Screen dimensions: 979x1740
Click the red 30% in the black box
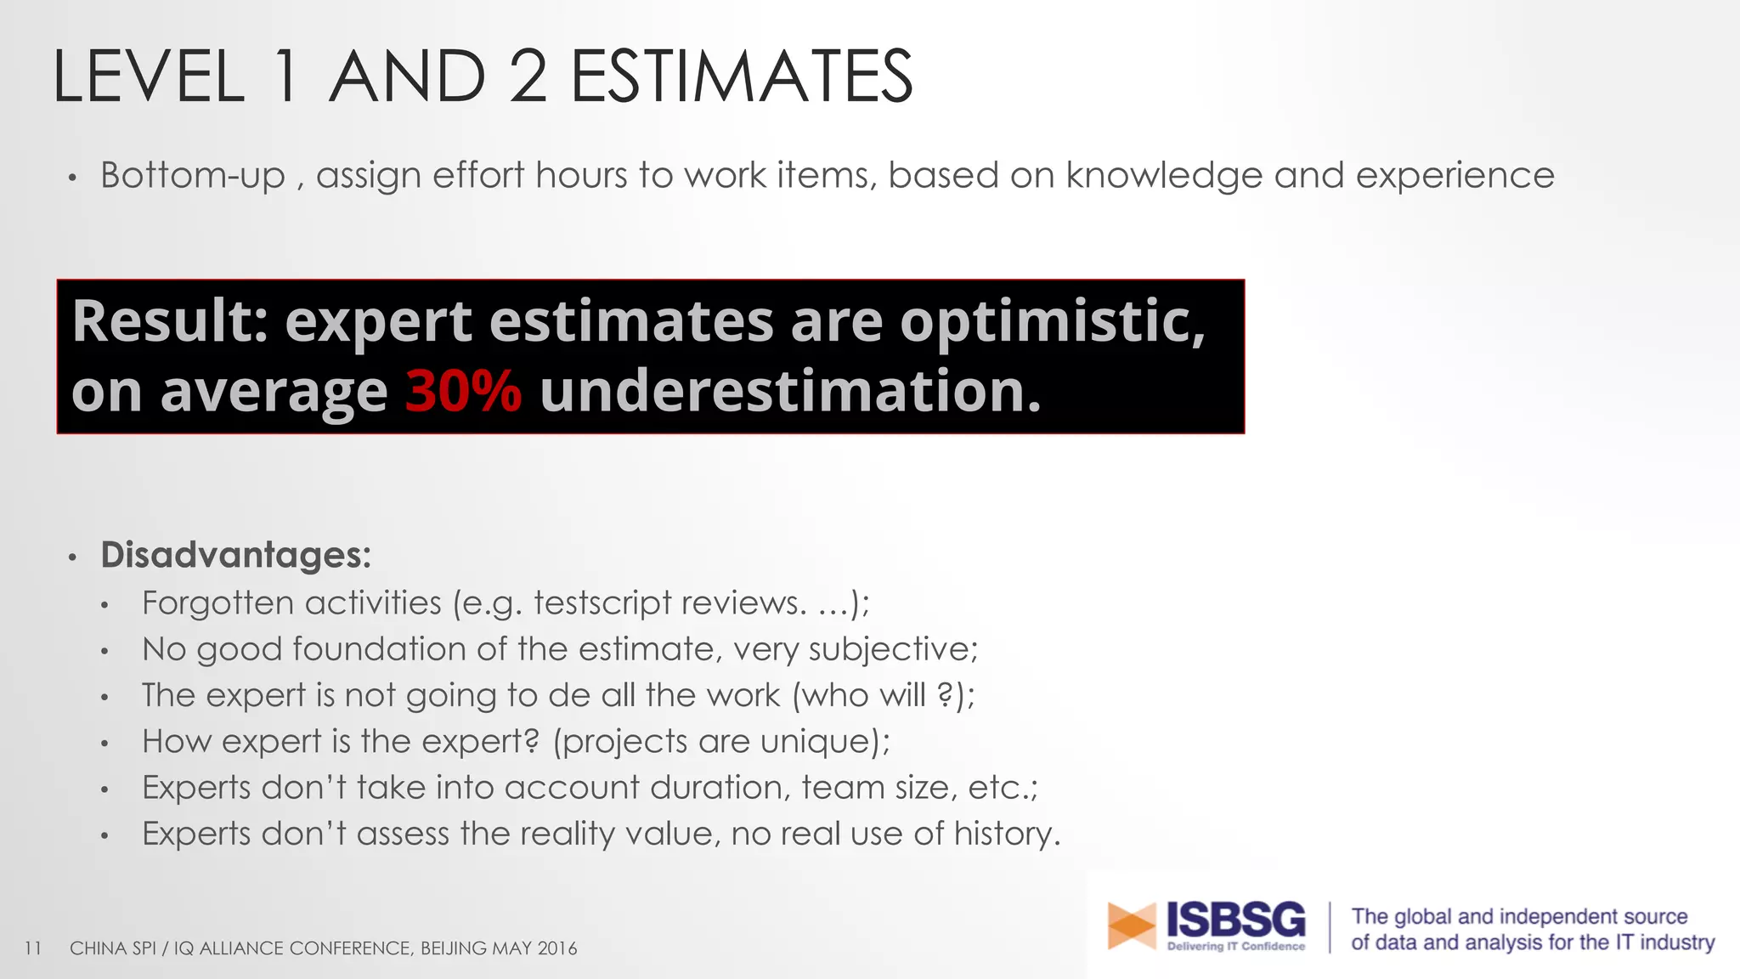click(463, 392)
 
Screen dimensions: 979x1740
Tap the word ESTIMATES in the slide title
click(741, 77)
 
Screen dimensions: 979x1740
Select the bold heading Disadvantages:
click(235, 555)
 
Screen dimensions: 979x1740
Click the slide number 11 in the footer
click(33, 948)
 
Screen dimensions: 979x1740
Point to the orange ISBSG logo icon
click(1131, 925)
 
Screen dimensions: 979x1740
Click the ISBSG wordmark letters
click(1235, 919)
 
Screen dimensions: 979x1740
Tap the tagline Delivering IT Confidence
click(1235, 947)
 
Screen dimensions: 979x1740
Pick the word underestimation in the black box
click(789, 392)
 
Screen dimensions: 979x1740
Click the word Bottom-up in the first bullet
click(193, 176)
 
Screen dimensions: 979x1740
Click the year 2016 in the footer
click(556, 948)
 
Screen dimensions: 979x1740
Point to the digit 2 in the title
click(528, 77)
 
